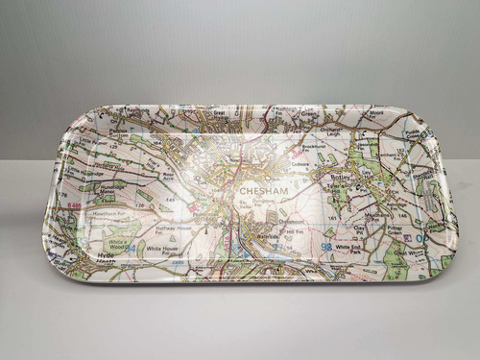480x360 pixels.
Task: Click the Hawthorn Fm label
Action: click(x=108, y=211)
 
